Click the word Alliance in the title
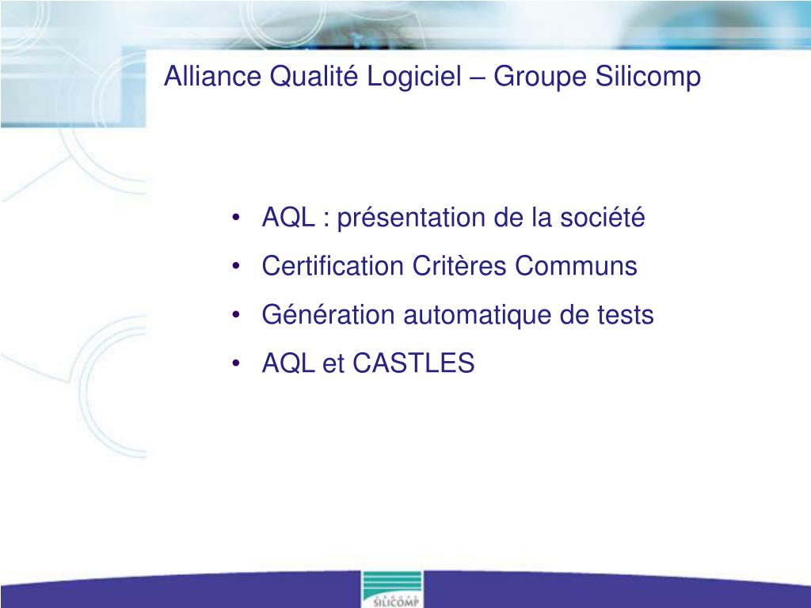(212, 76)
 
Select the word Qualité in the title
(314, 77)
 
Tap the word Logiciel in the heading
(413, 78)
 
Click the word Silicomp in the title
(648, 78)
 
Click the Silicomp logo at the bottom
(392, 589)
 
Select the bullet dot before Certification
(236, 266)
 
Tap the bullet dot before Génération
(236, 315)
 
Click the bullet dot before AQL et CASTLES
(236, 363)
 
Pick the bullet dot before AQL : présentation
(236, 218)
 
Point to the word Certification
(333, 266)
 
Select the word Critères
(459, 266)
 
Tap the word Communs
(577, 266)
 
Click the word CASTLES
(413, 363)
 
